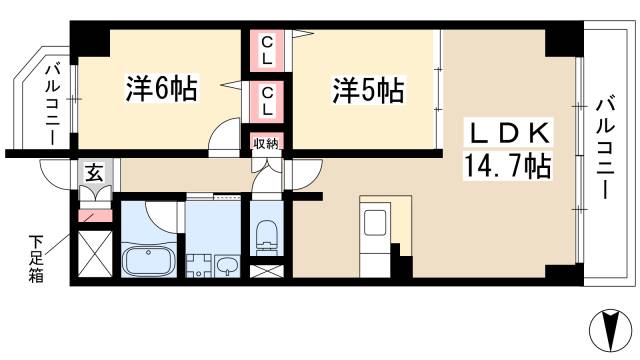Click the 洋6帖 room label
coord(160,89)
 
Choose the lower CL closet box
coord(268,100)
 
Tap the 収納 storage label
coord(265,143)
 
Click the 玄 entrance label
coord(91,173)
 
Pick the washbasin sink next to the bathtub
coord(227,265)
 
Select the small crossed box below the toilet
coord(265,270)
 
